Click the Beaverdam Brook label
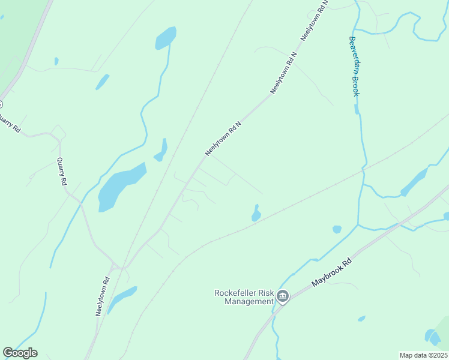354,67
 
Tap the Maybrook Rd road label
331,272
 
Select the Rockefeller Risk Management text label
244,297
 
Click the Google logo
20,353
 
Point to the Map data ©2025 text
423,355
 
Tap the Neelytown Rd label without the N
103,296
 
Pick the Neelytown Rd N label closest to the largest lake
223,139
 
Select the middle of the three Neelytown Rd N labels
283,72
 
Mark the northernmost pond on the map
166,38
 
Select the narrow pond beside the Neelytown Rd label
122,296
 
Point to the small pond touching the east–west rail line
256,214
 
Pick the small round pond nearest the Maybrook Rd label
337,229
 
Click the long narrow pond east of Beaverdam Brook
414,181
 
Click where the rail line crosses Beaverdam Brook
363,172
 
